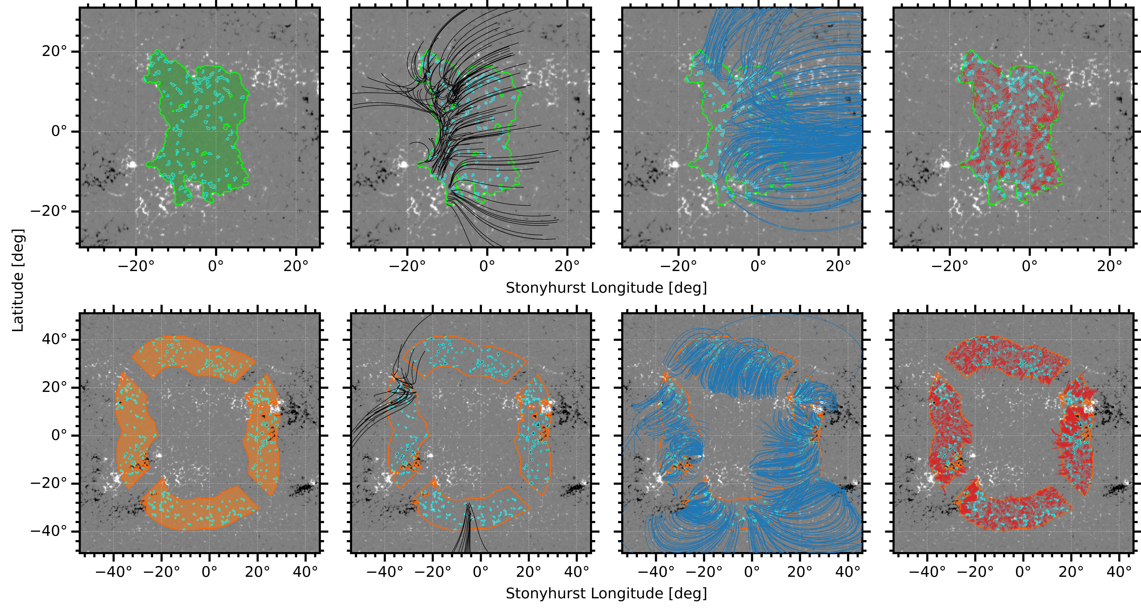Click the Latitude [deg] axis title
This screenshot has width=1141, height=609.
point(18,280)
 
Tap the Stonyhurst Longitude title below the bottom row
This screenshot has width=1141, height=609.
point(606,594)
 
